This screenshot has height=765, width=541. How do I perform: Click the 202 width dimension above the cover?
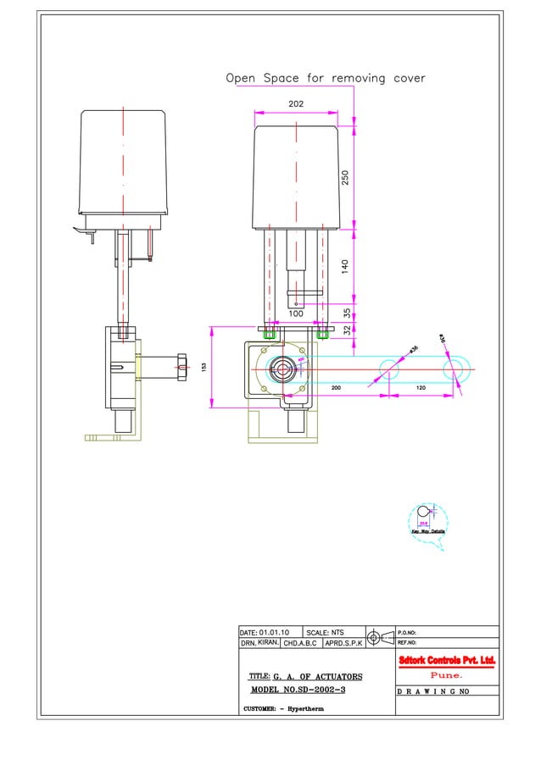pos(296,103)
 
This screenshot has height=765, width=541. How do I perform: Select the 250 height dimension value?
pos(345,177)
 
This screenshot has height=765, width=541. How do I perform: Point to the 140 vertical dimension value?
pos(345,266)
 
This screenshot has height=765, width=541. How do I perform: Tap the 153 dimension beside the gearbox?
pos(204,367)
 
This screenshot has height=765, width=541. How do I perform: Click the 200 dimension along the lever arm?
pos(336,387)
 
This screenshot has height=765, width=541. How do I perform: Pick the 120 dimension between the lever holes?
pos(419,387)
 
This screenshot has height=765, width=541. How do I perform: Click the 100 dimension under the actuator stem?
pos(296,313)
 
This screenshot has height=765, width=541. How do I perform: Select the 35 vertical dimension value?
pos(347,313)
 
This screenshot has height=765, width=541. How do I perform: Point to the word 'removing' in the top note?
pos(359,78)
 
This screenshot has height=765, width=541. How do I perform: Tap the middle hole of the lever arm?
pos(388,369)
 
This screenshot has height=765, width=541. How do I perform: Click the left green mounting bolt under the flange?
pos(270,334)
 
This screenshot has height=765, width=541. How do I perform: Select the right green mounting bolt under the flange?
pos(322,334)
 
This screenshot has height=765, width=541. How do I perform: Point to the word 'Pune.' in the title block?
pos(446,675)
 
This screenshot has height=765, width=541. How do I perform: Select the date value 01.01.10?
pos(275,632)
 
